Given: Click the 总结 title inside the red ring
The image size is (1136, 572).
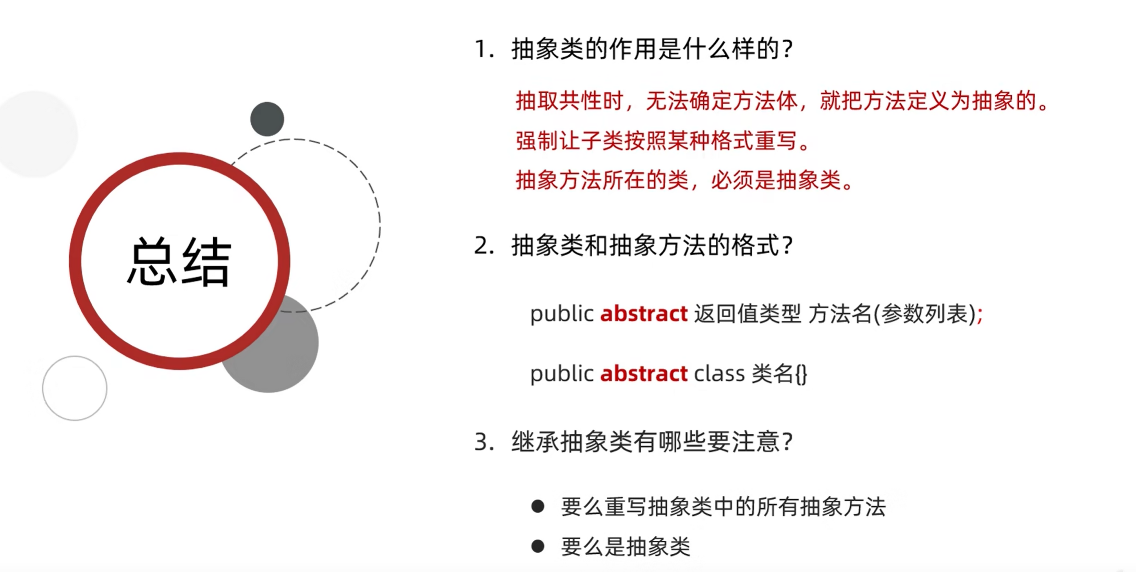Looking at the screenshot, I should [179, 261].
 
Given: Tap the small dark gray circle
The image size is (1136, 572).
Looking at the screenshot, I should [267, 119].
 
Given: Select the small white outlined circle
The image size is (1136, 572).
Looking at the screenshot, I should [75, 388].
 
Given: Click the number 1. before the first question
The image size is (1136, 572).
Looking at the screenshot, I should [484, 49].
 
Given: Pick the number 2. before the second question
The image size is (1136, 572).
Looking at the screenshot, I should [484, 246].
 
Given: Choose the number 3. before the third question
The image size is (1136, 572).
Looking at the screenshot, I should [484, 442].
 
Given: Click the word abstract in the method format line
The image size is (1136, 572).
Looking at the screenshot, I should [644, 314].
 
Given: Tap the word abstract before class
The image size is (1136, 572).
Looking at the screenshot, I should [644, 374].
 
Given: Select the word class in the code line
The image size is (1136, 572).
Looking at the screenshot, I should [719, 374].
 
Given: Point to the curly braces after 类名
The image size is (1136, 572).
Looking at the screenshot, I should [801, 374].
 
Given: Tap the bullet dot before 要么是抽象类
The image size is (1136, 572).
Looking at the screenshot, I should [538, 546].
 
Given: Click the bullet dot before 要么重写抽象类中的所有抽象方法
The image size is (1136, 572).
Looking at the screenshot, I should [538, 506].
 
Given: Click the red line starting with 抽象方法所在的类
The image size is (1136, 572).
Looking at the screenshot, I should [684, 180].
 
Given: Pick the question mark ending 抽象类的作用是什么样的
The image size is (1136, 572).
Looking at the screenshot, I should [787, 49].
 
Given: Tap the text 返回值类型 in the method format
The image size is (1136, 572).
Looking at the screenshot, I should [747, 314].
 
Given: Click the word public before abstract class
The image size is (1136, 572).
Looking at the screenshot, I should [561, 374].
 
